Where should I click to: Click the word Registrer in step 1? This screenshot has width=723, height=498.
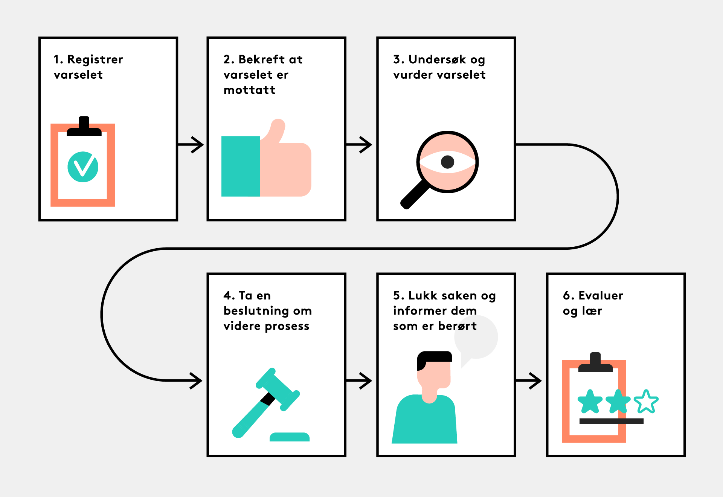[95, 60]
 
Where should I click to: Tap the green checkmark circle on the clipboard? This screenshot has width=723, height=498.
[83, 167]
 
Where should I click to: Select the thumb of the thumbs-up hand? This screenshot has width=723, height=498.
[277, 130]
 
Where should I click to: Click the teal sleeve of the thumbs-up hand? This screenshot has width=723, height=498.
[240, 166]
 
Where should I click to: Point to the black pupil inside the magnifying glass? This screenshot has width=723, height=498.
[447, 162]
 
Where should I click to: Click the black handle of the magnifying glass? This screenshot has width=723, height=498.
[414, 195]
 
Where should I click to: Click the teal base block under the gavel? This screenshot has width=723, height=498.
[289, 437]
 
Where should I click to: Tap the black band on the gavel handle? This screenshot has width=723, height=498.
[268, 399]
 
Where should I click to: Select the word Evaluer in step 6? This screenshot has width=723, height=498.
[601, 296]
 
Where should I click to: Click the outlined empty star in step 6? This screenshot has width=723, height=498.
[646, 402]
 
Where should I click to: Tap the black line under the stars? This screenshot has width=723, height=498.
[611, 421]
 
